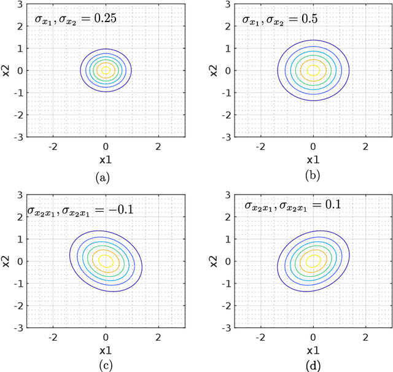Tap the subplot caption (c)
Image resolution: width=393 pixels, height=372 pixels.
(x=106, y=366)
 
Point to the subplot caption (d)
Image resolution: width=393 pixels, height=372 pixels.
(x=313, y=366)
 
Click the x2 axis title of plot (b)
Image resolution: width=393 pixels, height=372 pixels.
(x=213, y=69)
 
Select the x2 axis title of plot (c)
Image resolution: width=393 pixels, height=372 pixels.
(x=6, y=261)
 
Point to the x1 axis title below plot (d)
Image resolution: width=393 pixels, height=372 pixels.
(x=313, y=351)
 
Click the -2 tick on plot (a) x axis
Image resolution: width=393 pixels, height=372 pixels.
(x=53, y=147)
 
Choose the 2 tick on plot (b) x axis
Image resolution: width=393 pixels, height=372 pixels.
(x=365, y=147)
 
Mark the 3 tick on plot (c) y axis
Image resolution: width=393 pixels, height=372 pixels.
(x=20, y=194)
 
